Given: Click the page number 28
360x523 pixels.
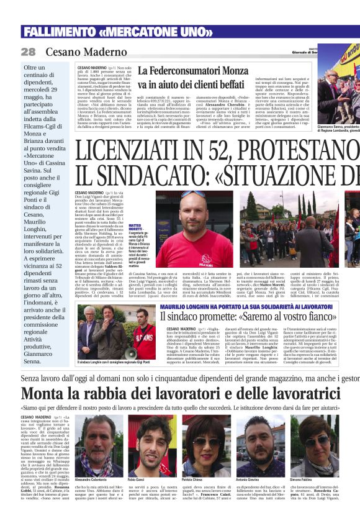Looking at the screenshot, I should (28, 52).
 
